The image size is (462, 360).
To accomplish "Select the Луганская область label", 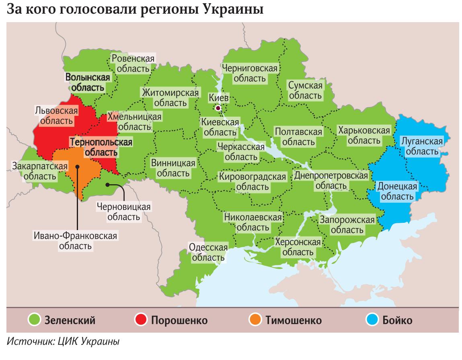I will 422,146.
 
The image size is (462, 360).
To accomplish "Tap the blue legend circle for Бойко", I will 372,320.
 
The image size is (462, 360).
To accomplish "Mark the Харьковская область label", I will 364,136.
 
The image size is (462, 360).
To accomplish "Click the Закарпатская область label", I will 39,171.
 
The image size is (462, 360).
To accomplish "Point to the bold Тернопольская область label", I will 101,147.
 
